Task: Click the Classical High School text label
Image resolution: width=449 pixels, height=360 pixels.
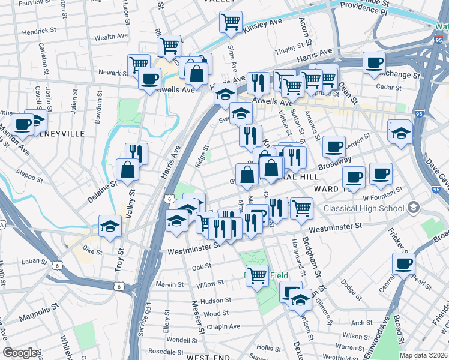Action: [363, 209]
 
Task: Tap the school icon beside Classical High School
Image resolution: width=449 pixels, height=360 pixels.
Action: [412, 208]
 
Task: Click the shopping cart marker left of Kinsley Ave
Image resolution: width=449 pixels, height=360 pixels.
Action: [231, 23]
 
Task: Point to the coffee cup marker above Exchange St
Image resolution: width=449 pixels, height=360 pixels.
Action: [374, 63]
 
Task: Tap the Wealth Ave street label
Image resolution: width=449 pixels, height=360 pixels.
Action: [109, 37]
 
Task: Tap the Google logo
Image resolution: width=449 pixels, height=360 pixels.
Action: [20, 353]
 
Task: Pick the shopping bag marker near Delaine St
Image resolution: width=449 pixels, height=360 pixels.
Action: [128, 170]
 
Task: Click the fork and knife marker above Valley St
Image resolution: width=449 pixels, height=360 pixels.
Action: [136, 154]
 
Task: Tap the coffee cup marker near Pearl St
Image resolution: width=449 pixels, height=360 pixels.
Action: [403, 263]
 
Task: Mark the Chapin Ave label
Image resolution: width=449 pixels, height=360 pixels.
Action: [223, 326]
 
